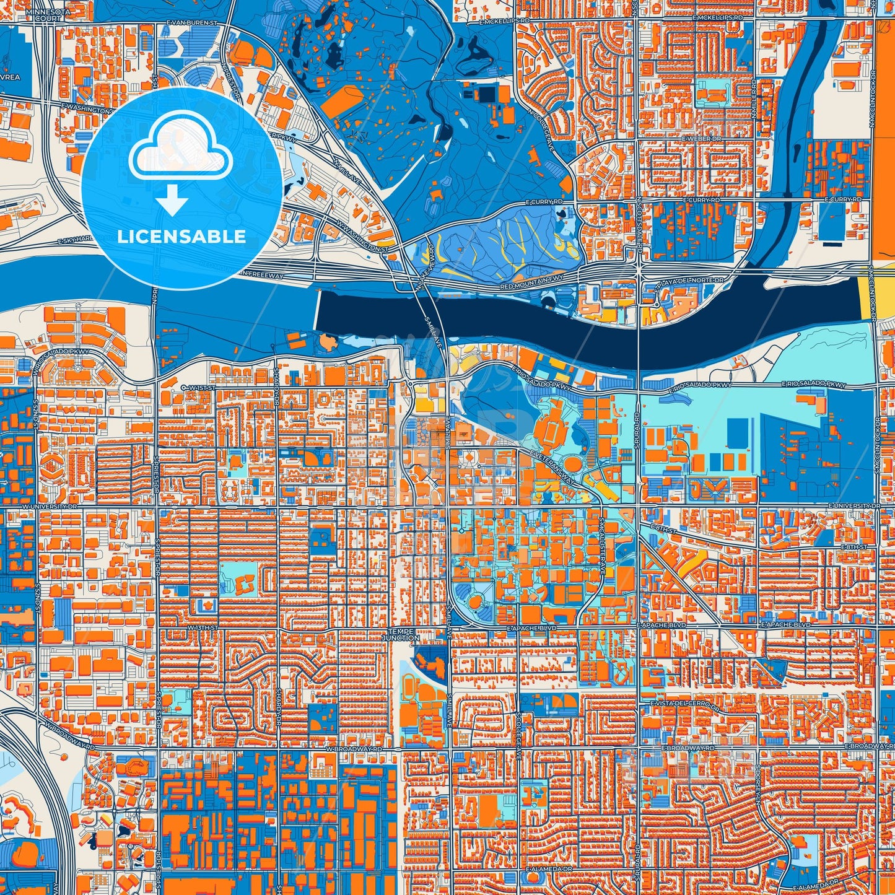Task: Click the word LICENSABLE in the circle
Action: coord(181,237)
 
